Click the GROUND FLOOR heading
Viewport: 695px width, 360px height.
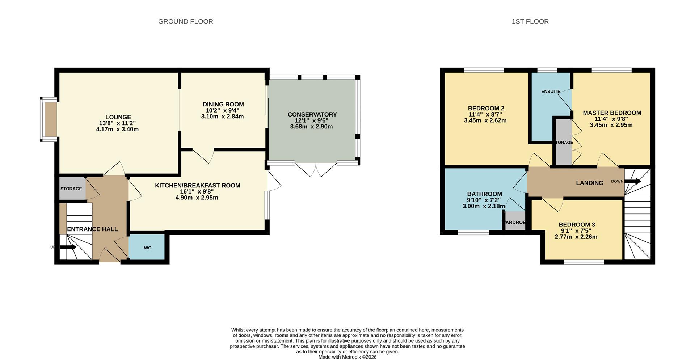click(185, 22)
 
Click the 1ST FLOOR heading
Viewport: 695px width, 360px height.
click(530, 22)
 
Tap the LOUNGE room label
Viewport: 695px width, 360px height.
click(118, 117)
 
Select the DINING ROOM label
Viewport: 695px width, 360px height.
click(223, 105)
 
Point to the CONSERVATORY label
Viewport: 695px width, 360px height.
click(312, 114)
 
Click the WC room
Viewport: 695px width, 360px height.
click(147, 247)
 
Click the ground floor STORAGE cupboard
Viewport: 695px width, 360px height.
click(72, 189)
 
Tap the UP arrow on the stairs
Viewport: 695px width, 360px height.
click(68, 247)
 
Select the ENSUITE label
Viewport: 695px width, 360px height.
click(551, 92)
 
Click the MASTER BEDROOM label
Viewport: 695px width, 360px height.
click(612, 113)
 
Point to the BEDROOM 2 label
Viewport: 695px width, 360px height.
click(486, 108)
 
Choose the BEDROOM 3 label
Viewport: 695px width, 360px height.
click(577, 225)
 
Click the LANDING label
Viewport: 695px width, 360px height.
click(589, 183)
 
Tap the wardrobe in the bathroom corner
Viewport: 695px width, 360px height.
click(515, 222)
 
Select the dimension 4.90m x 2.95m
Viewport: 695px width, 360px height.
click(197, 198)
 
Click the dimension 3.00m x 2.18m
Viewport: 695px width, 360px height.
click(483, 206)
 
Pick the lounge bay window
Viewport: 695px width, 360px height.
click(49, 119)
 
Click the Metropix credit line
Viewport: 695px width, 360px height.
click(347, 357)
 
